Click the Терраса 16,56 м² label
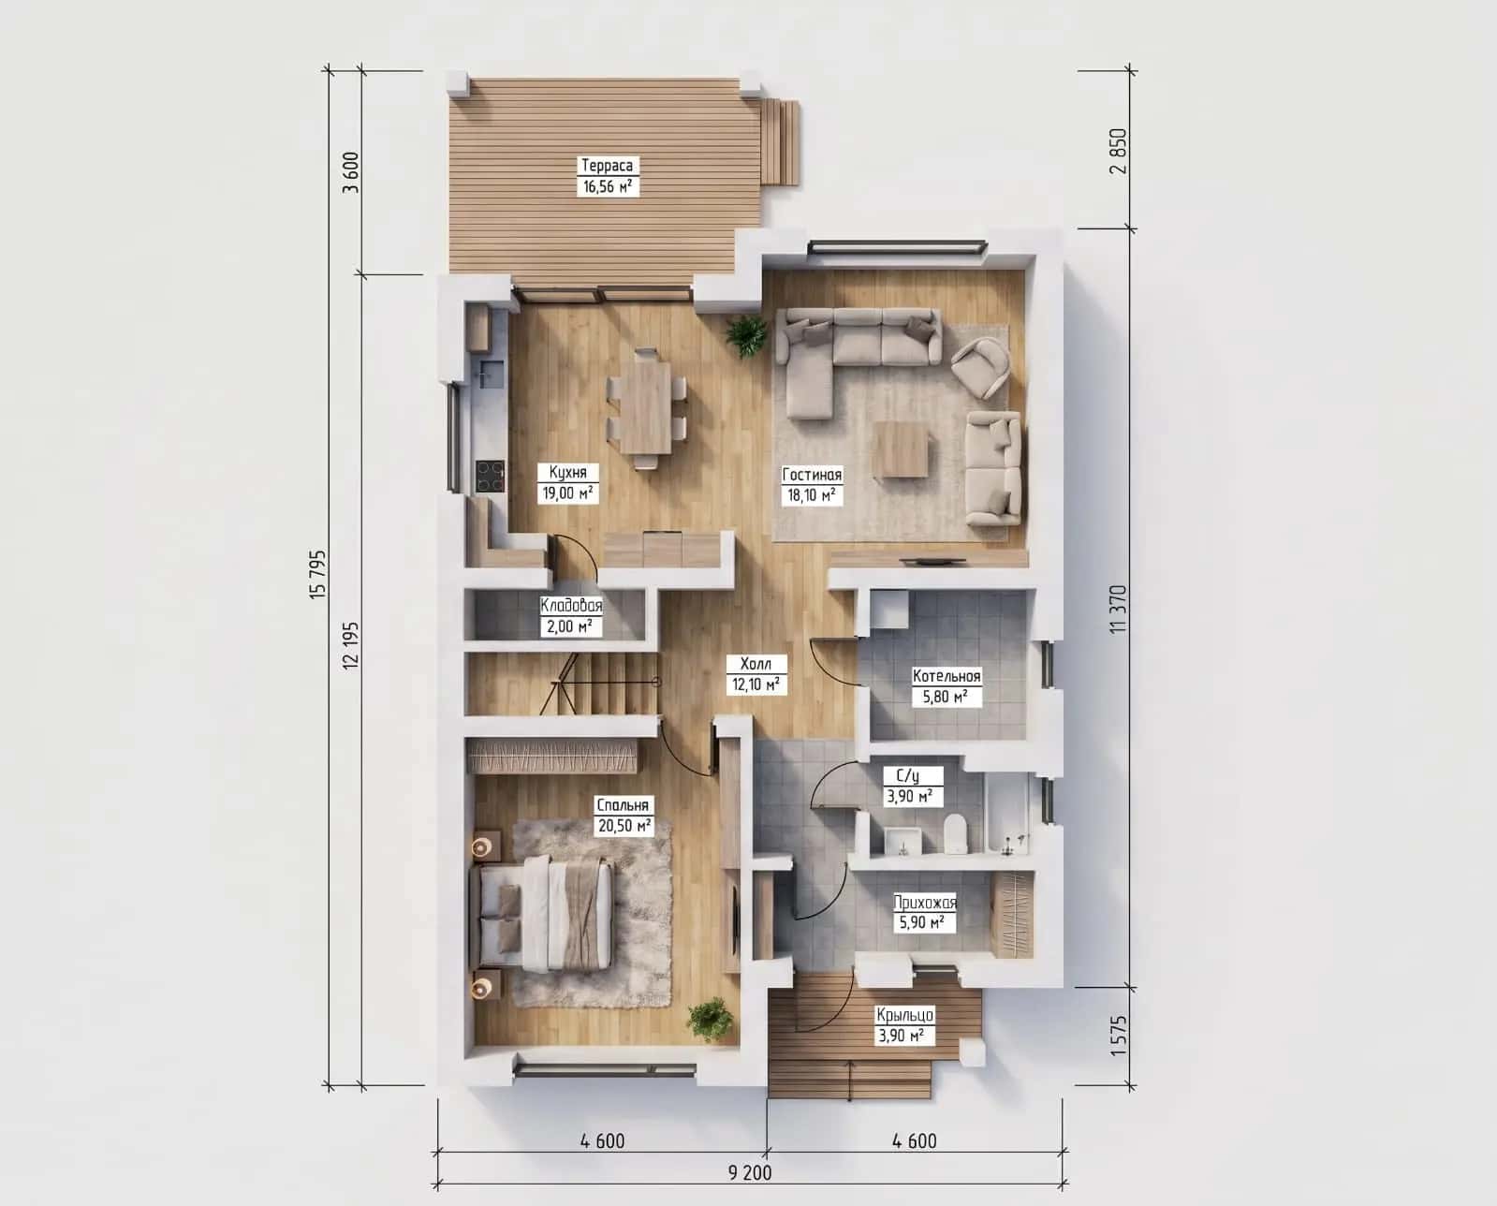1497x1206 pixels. [x=608, y=176]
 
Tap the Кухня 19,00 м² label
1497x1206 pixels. [x=567, y=483]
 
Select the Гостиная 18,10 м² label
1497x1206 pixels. [x=812, y=485]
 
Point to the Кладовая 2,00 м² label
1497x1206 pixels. [x=571, y=616]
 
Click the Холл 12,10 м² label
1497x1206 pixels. [x=756, y=673]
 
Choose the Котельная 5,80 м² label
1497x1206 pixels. [x=947, y=686]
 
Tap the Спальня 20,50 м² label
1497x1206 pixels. [x=624, y=816]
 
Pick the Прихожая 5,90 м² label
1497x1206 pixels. [x=924, y=913]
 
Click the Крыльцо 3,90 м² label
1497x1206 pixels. [x=904, y=1025]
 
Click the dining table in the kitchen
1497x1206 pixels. [x=646, y=408]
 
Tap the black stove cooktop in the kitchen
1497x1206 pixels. [x=490, y=476]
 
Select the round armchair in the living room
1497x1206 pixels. [x=981, y=367]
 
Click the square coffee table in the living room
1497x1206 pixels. [x=902, y=449]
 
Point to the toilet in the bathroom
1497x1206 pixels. [x=957, y=833]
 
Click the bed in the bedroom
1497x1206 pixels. [x=542, y=916]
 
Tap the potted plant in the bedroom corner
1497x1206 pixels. [x=711, y=1021]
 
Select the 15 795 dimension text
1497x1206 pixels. [x=317, y=575]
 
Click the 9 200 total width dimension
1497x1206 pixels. [x=750, y=1173]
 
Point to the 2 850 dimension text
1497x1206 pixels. [x=1118, y=151]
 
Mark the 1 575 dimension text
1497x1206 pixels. [x=1119, y=1036]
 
